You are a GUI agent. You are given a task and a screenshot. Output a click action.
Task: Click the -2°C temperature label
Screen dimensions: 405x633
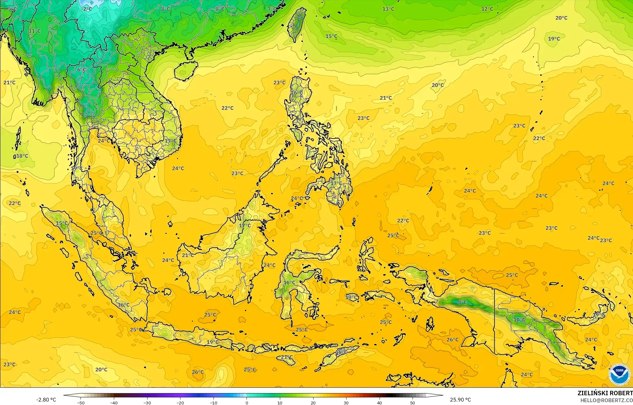point(86,9)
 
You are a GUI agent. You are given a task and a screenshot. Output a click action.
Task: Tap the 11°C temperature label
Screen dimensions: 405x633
point(35,31)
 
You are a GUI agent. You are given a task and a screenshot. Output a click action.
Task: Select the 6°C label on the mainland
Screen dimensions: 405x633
point(81,70)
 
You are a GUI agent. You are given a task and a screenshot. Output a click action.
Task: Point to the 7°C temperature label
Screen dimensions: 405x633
point(272,9)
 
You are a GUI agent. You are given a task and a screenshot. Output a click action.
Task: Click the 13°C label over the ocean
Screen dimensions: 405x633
point(388,9)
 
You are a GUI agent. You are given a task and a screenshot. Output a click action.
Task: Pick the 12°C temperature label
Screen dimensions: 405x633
point(487,9)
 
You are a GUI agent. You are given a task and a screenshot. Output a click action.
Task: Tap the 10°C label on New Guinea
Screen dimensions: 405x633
point(519,320)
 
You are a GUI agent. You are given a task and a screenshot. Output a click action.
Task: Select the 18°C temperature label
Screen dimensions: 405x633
point(22,156)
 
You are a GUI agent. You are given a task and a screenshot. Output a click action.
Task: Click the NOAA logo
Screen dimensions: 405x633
point(619,374)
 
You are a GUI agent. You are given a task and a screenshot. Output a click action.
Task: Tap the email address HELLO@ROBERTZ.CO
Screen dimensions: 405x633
point(606,400)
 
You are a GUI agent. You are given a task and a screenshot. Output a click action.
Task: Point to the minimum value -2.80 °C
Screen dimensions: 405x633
point(46,400)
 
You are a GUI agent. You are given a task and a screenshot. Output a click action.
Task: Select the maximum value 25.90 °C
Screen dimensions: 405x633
point(460,400)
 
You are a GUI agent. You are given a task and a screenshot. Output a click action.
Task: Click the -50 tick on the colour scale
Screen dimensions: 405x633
point(81,402)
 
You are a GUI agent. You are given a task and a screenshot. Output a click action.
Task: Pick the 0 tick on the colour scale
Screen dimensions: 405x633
point(247,402)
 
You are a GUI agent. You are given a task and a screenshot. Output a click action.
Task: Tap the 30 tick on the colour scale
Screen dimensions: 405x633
point(346,402)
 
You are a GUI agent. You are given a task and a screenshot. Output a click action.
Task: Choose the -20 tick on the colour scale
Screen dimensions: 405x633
point(180,402)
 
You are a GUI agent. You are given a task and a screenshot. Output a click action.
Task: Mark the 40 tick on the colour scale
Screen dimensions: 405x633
point(380,402)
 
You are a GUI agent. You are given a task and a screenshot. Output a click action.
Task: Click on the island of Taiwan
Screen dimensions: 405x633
point(297,25)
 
